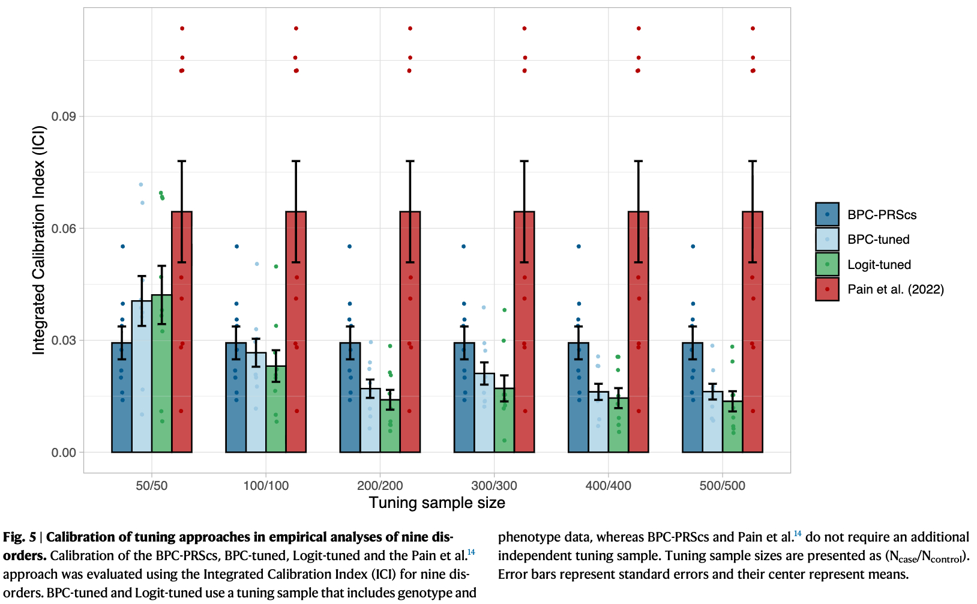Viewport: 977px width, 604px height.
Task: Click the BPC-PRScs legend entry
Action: (882, 215)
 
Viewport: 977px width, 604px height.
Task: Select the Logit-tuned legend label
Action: (879, 265)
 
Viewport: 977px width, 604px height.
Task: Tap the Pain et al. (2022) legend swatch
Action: (827, 289)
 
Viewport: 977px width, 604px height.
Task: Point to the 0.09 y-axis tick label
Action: (64, 116)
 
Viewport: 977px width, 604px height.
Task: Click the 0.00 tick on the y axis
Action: (64, 453)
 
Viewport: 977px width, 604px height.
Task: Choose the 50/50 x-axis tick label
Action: (152, 486)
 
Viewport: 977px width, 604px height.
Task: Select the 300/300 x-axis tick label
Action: (494, 486)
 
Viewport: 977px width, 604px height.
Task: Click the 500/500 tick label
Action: (722, 486)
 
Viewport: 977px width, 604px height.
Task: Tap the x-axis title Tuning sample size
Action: (437, 503)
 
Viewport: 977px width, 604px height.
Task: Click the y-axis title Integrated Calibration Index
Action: (39, 240)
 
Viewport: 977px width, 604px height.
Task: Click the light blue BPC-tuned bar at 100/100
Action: (256, 408)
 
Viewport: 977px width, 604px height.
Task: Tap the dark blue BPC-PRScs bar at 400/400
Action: (579, 402)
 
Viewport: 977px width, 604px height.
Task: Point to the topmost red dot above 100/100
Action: (296, 28)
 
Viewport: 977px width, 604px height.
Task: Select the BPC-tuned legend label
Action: (878, 240)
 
